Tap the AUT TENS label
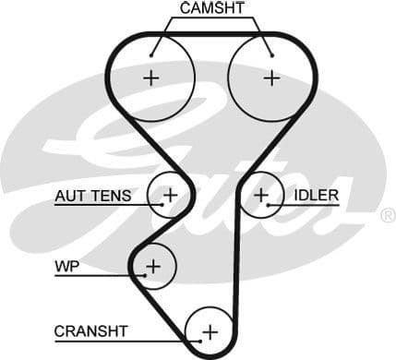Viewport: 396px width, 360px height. pos(92,195)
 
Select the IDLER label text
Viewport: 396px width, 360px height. pos(317,195)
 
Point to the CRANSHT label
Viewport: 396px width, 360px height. pos(91,330)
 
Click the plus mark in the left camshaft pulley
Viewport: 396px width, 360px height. pos(150,78)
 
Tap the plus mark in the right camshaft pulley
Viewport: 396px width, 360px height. pos(270,78)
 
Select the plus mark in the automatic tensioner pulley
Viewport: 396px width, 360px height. pos(170,195)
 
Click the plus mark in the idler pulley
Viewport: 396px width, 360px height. pos(261,195)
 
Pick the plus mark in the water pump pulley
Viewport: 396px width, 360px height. pos(153,267)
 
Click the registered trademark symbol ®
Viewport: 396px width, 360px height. pos(388,215)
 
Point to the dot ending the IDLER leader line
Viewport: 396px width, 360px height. pos(268,205)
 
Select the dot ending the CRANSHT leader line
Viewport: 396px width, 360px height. pos(197,341)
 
